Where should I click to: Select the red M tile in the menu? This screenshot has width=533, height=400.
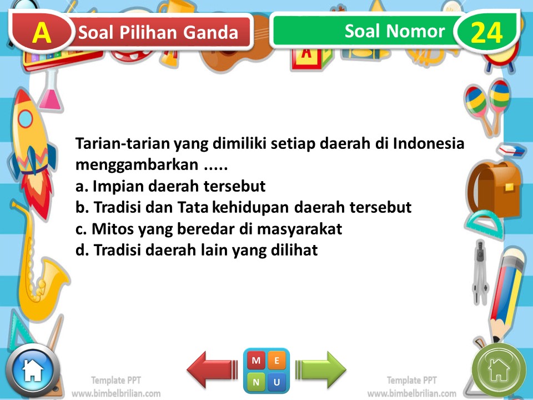[256, 361]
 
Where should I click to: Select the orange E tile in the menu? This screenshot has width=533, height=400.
[277, 361]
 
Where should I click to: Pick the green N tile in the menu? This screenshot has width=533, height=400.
[256, 382]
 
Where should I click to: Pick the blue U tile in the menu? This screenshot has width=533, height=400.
[277, 382]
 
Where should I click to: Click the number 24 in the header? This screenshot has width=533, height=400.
[486, 33]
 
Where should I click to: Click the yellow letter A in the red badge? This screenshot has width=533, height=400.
[42, 33]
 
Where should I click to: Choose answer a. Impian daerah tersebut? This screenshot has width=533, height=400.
[170, 186]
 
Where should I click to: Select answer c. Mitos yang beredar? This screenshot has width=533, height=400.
[208, 229]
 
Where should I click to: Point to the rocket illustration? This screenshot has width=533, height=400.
[31, 150]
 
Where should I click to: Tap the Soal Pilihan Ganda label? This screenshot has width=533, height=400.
[158, 33]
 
